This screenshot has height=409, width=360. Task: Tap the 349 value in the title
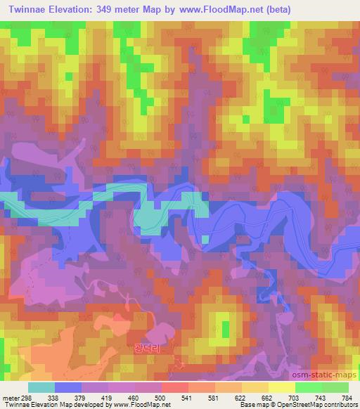point(114,8)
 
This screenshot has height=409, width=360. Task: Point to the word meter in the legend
point(9,398)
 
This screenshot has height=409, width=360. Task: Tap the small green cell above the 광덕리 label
point(225,327)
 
